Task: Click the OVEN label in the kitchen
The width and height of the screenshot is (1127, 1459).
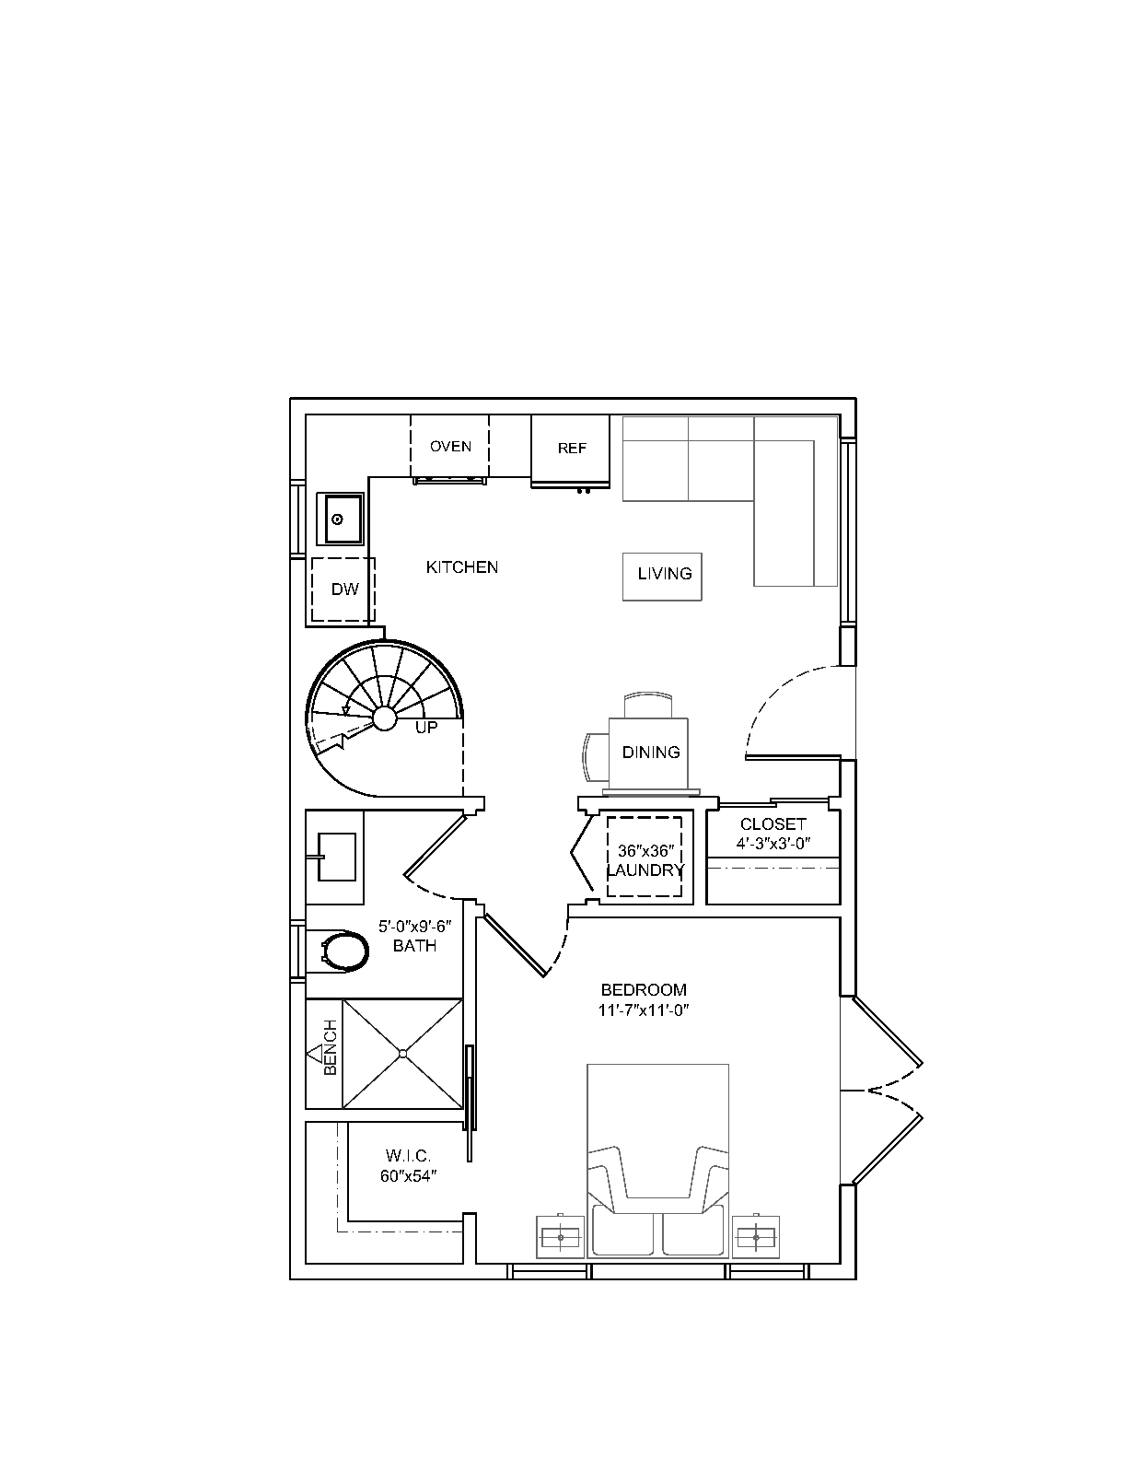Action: tap(450, 447)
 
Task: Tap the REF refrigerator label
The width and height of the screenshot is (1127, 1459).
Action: tap(572, 449)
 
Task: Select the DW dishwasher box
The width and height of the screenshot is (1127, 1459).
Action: tap(343, 589)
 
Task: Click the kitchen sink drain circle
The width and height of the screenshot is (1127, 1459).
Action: tap(338, 519)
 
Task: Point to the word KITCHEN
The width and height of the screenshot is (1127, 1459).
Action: tap(462, 567)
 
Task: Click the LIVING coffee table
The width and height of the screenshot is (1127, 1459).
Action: tap(662, 577)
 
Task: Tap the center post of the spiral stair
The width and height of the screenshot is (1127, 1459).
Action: tap(385, 718)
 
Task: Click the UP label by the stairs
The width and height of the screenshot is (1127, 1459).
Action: tap(426, 727)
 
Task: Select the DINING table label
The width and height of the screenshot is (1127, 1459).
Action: tap(651, 752)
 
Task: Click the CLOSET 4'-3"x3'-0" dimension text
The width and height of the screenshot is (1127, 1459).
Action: tap(773, 844)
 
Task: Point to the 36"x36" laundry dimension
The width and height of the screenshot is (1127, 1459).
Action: tap(645, 851)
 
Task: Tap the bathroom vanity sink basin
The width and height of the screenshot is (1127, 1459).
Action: tap(336, 857)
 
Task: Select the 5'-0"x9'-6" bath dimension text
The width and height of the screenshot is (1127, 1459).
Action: tap(415, 928)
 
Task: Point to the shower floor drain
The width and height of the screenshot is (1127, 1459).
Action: tap(403, 1054)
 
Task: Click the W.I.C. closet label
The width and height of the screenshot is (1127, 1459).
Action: tap(408, 1156)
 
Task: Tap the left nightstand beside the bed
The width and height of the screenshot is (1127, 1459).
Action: tap(561, 1237)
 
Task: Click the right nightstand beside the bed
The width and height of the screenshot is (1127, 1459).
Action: tap(756, 1237)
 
